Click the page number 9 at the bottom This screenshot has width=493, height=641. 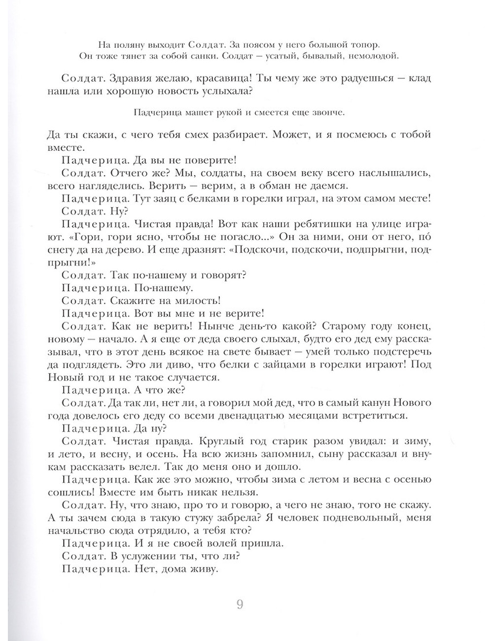coord(240,605)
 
